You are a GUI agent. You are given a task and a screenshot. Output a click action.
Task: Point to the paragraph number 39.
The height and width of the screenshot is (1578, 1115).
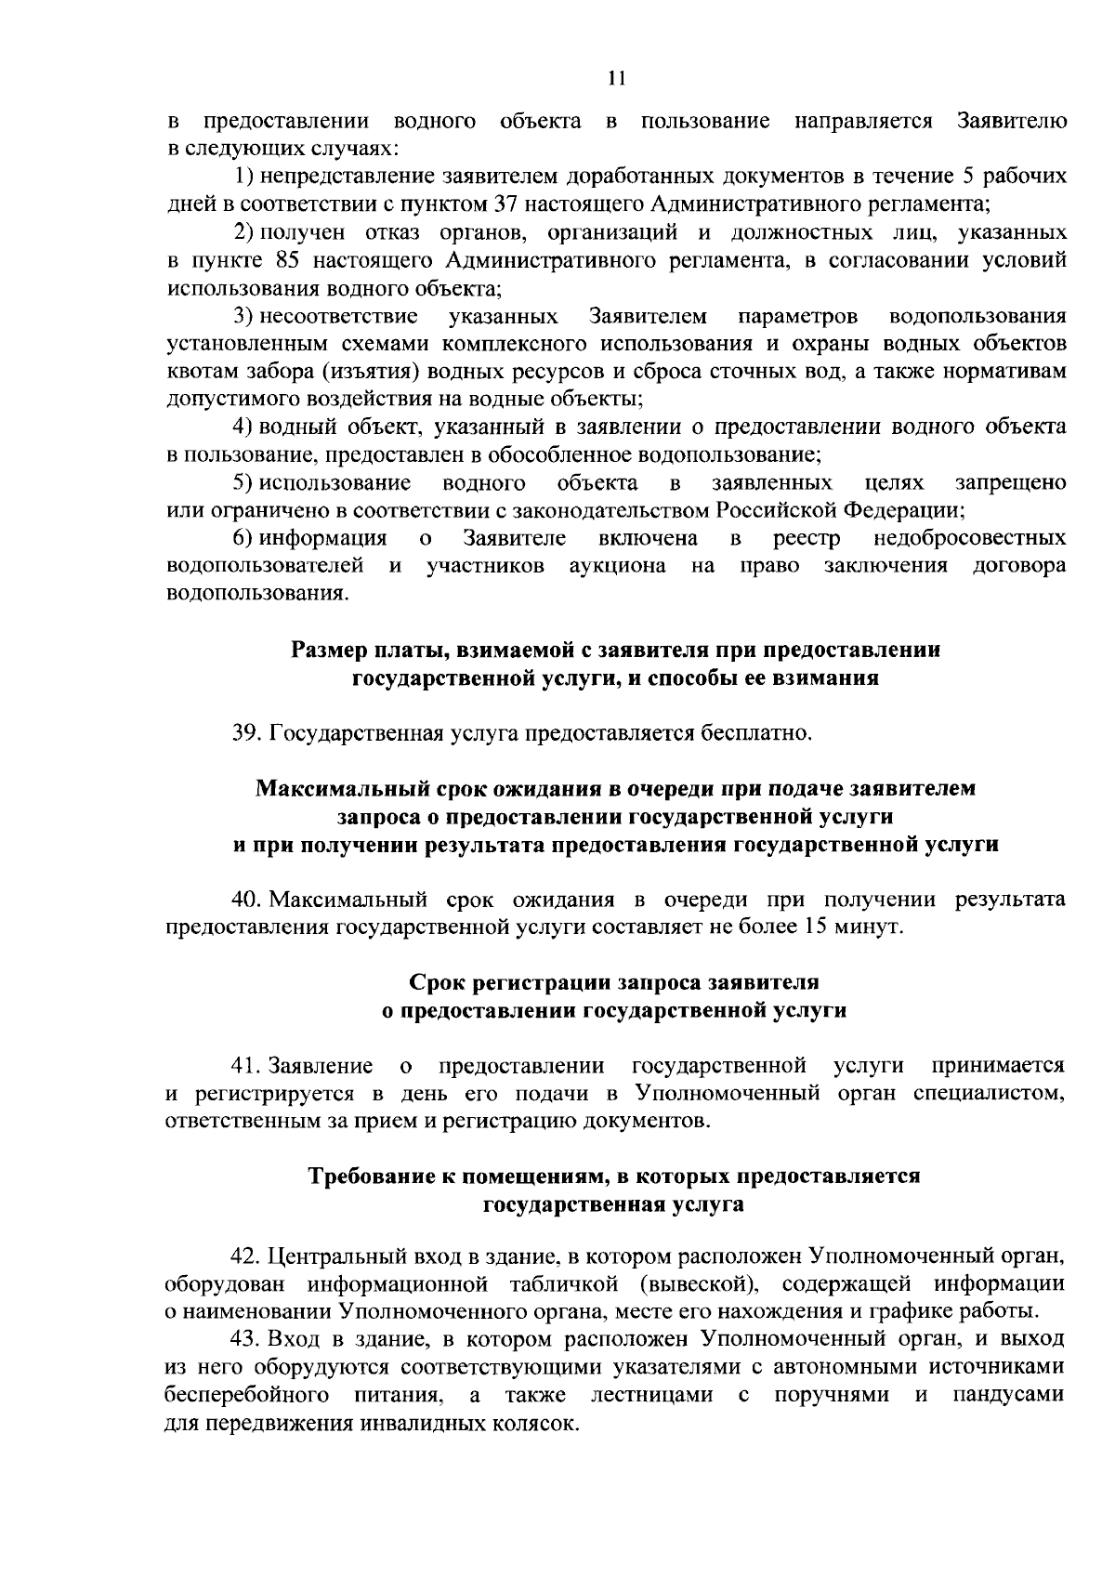coord(246,734)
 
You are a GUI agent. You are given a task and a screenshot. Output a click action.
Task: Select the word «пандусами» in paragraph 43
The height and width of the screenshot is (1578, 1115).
coord(1011,1396)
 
